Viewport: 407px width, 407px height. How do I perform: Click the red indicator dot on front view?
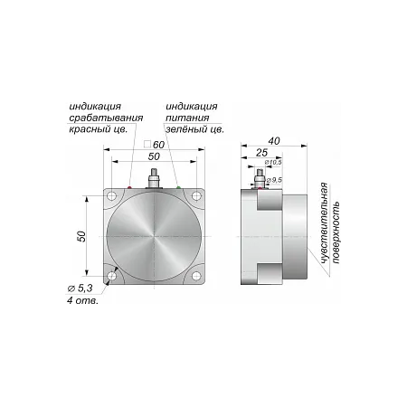pyautogui.click(x=129, y=187)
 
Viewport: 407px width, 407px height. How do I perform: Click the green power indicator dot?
pyautogui.click(x=178, y=187)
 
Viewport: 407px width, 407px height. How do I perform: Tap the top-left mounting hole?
pyautogui.click(x=112, y=196)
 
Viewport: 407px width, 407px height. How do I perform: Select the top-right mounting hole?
pyautogui.click(x=196, y=196)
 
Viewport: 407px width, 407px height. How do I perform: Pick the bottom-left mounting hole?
pyautogui.click(x=112, y=276)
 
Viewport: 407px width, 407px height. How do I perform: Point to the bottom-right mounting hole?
pyautogui.click(x=196, y=276)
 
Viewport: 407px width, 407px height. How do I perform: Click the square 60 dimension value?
pyautogui.click(x=158, y=145)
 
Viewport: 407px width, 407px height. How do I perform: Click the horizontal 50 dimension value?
pyautogui.click(x=154, y=156)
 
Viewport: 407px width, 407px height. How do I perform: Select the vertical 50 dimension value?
pyautogui.click(x=81, y=236)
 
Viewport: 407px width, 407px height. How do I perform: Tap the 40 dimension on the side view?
pyautogui.click(x=274, y=141)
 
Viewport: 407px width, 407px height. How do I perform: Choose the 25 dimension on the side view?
pyautogui.click(x=261, y=153)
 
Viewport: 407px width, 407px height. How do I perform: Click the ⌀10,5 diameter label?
pyautogui.click(x=273, y=163)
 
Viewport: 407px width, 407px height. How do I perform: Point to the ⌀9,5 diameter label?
pyautogui.click(x=274, y=180)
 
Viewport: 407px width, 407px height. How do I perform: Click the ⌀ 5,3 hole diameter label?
pyautogui.click(x=80, y=289)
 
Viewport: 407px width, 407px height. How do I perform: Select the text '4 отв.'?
pyautogui.click(x=82, y=300)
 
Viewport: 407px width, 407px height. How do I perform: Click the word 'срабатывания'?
pyautogui.click(x=106, y=118)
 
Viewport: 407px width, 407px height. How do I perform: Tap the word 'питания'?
pyautogui.click(x=187, y=118)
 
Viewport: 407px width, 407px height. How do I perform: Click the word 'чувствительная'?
pyautogui.click(x=324, y=222)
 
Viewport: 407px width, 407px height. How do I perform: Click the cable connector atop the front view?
pyautogui.click(x=154, y=179)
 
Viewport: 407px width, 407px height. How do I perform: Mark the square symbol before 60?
pyautogui.click(x=147, y=144)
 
